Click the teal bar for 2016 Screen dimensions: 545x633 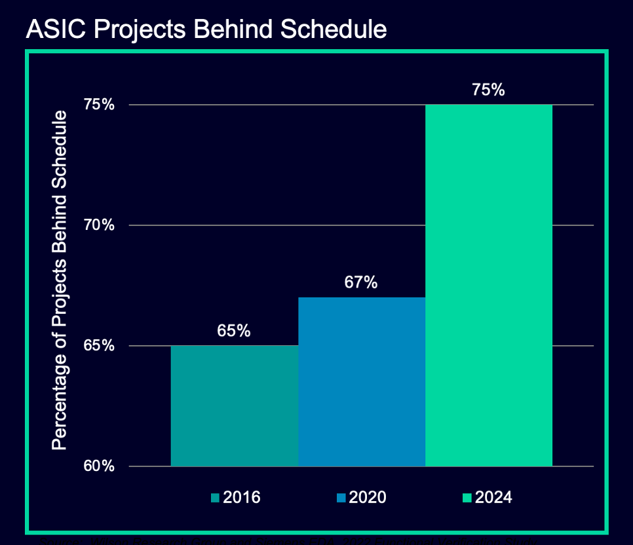tap(235, 405)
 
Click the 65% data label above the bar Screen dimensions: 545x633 tap(235, 331)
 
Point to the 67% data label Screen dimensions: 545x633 tap(361, 282)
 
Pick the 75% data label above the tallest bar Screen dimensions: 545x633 tap(488, 90)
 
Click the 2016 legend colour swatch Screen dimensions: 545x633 tap(215, 498)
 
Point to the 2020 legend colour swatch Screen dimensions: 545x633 tap(341, 498)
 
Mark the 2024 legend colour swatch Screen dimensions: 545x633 tap(467, 498)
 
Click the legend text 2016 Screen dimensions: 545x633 tap(242, 498)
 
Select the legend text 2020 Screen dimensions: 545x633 tap(368, 498)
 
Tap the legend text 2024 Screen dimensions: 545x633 tap(493, 498)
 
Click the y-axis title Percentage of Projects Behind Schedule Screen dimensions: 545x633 tap(60, 280)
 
